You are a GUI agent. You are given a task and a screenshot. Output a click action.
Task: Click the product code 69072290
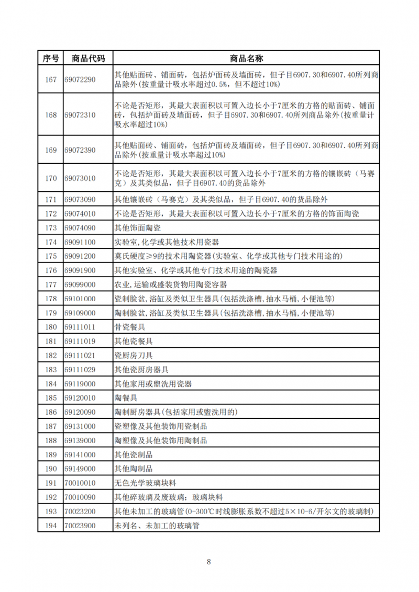click(80, 79)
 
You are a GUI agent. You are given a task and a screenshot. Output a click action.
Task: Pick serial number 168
click(50, 115)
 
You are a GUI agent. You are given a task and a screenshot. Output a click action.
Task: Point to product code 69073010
click(80, 178)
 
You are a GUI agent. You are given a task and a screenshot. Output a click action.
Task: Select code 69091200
click(80, 256)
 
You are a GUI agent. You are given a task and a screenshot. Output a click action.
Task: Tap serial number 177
click(50, 284)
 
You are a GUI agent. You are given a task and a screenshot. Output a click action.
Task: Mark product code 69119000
click(80, 384)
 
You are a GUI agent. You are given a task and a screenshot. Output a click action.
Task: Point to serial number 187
click(50, 426)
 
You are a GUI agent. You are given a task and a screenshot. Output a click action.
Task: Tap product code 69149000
click(80, 469)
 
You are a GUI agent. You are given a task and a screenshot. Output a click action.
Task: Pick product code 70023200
click(80, 511)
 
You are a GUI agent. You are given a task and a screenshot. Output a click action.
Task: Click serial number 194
click(50, 525)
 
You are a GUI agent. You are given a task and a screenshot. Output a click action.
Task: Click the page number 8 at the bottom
click(209, 562)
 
